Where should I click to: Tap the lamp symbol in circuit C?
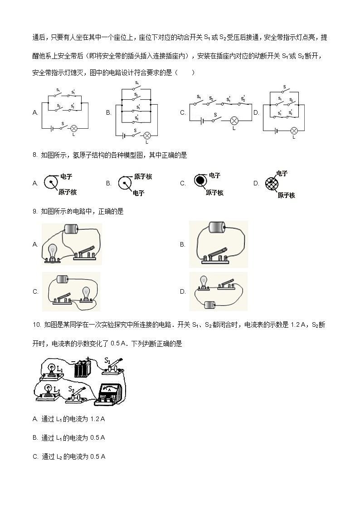pyautogui.click(x=234, y=121)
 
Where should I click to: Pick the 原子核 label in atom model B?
pyautogui.click(x=143, y=177)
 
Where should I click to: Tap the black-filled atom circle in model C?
pyautogui.click(x=200, y=180)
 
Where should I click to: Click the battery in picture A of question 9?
pyautogui.click(x=71, y=229)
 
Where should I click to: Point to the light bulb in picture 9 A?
pyautogui.click(x=53, y=251)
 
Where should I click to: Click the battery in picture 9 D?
pyautogui.click(x=210, y=305)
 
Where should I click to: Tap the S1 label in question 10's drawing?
pyautogui.click(x=107, y=361)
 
